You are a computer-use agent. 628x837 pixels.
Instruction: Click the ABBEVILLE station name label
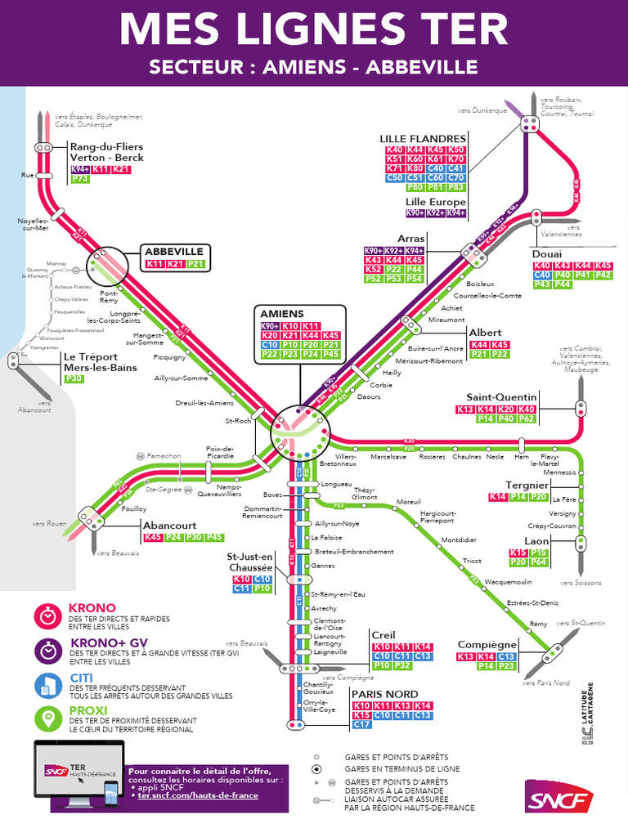(x=174, y=251)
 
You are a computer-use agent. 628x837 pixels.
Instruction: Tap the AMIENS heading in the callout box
(x=282, y=314)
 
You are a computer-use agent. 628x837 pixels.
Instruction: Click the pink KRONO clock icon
(x=49, y=615)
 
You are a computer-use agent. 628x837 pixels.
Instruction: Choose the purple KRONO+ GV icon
(x=49, y=650)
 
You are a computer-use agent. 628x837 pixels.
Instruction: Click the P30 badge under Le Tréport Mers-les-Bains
(x=74, y=378)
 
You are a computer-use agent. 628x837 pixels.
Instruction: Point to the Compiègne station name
(x=487, y=645)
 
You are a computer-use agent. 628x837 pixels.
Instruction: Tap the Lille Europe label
(x=436, y=202)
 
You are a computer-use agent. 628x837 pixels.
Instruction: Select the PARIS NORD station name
(x=385, y=694)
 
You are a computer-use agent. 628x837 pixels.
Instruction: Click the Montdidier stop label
(x=458, y=540)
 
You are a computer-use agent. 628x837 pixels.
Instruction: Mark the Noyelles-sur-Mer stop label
(x=34, y=225)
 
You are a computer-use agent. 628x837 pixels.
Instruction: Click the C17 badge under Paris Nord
(x=361, y=724)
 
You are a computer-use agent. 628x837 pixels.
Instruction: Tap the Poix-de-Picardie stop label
(x=220, y=452)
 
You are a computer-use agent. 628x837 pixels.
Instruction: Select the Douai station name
(x=547, y=254)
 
